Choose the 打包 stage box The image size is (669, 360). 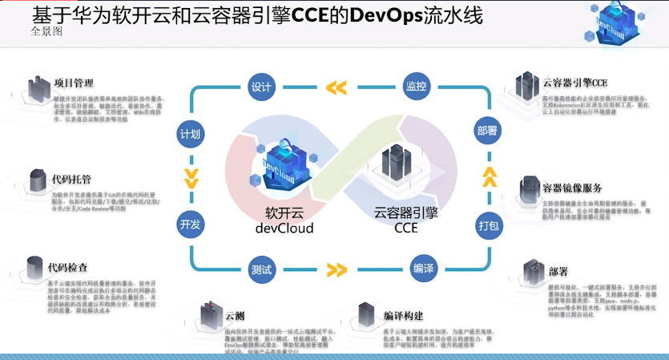(x=487, y=224)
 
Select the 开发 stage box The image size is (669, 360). (x=191, y=224)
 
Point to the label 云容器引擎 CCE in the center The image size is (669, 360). (x=406, y=220)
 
